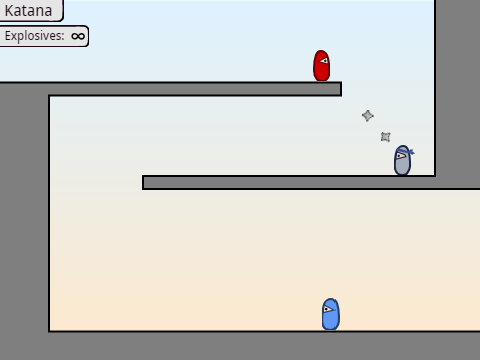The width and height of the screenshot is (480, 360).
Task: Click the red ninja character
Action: coord(322,66)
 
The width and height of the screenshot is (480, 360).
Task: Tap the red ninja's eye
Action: coord(324,61)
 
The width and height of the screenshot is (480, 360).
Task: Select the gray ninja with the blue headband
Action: coord(403,160)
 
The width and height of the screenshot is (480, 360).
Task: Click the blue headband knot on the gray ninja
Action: coord(411,152)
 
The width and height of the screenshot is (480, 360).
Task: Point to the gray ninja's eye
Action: coord(400,156)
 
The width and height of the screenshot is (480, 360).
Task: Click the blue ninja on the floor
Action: coord(331,314)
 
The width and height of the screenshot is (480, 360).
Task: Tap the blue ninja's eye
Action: coord(328,309)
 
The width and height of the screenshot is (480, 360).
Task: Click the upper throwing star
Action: coord(368,116)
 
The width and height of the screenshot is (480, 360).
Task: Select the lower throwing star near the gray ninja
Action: coord(386,137)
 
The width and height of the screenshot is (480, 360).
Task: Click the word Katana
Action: coord(28,11)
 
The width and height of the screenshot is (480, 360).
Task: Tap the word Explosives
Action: coord(33,36)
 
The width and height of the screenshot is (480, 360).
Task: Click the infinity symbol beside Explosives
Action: coord(78,36)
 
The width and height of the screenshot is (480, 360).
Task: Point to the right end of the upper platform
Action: coord(341,89)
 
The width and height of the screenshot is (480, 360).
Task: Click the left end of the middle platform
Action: coord(143,182)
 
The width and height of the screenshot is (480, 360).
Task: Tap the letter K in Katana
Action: coord(9,11)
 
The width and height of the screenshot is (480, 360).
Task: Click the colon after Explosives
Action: coord(63,37)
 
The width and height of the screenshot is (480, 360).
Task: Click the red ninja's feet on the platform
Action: coord(322,80)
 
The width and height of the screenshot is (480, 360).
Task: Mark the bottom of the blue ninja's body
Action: coord(331,329)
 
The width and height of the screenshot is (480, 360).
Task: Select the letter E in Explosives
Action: coord(8,35)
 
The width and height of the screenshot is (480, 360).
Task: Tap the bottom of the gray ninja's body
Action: coord(403,174)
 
